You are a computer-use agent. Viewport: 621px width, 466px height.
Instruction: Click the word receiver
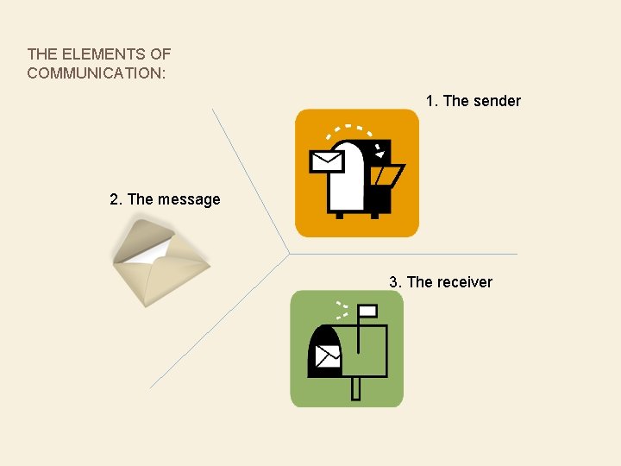(x=464, y=282)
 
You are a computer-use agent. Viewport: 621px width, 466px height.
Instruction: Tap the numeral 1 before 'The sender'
(x=430, y=101)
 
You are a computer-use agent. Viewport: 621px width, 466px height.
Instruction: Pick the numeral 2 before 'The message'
(x=114, y=199)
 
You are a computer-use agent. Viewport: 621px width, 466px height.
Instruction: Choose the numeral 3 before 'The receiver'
(x=393, y=282)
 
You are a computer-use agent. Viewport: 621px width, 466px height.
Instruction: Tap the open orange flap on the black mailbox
(x=386, y=176)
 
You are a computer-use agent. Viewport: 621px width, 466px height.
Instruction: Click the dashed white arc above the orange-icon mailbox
(x=348, y=129)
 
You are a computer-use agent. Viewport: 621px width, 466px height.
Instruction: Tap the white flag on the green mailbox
(x=367, y=311)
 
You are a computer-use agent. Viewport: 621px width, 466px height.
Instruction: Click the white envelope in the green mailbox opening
(x=328, y=355)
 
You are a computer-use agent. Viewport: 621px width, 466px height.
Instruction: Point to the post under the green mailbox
(x=355, y=388)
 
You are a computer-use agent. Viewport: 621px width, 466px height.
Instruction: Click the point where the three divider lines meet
(x=288, y=255)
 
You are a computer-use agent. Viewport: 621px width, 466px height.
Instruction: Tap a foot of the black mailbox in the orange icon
(x=338, y=214)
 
